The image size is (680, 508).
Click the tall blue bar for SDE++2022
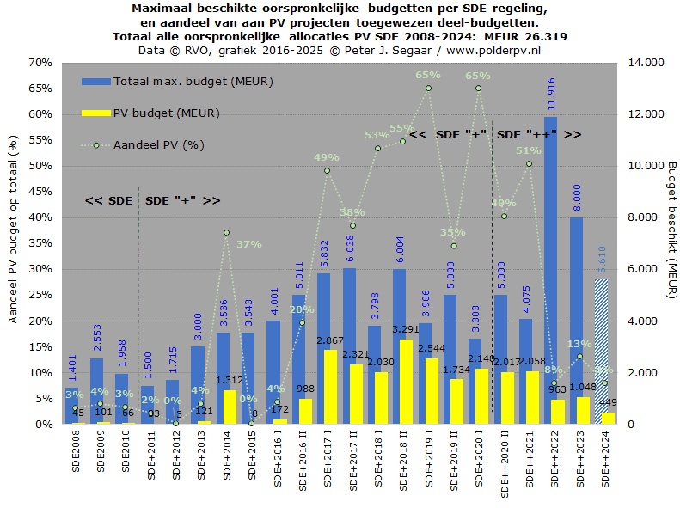coord(550,258)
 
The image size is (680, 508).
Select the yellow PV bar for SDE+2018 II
coord(406,383)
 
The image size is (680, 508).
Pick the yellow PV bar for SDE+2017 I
coord(330,387)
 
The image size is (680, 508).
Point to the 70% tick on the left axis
coord(40,63)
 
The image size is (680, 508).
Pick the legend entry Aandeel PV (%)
coord(158,144)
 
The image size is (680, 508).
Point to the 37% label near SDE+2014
coord(249,244)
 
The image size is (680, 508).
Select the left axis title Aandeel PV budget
coord(13,232)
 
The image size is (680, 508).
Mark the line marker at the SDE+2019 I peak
coord(428,89)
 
